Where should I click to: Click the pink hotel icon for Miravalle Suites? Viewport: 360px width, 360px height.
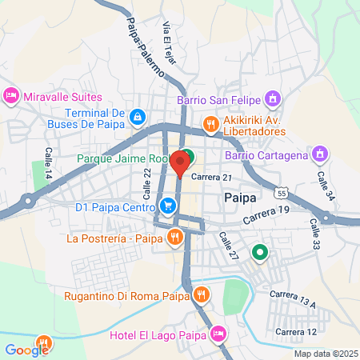pos(11,96)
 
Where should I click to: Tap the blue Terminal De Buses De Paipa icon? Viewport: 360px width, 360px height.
pos(138,118)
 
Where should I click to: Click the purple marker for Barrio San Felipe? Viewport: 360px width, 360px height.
pos(274,99)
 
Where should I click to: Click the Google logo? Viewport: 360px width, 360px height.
pos(26,350)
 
